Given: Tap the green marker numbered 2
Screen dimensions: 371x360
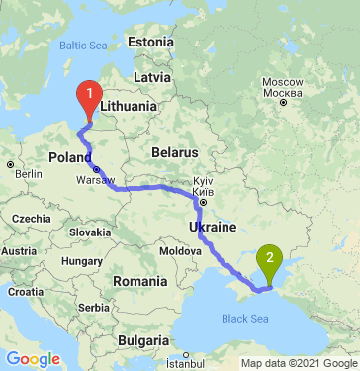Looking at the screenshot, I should click(x=269, y=262).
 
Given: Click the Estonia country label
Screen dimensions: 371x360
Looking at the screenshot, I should click(x=150, y=43).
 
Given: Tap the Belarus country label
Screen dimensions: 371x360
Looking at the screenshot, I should click(x=177, y=153).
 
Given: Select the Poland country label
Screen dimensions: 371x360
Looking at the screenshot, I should click(x=70, y=157).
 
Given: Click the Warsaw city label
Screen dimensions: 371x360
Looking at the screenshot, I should click(x=95, y=180).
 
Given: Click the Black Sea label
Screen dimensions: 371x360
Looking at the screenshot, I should click(x=244, y=319).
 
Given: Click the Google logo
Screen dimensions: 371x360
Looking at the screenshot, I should click(x=33, y=359).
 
